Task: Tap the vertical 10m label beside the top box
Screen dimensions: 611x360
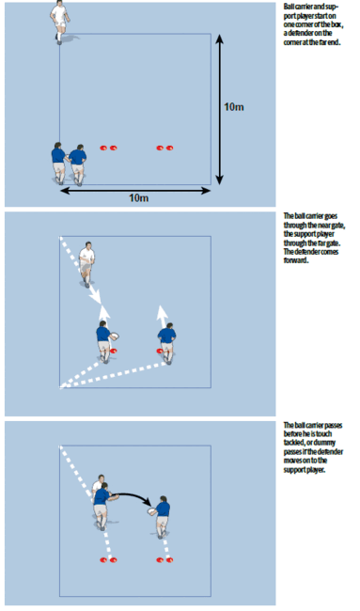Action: [x=235, y=109]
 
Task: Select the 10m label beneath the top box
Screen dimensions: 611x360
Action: [x=138, y=197]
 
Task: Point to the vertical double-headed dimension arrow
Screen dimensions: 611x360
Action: [x=220, y=109]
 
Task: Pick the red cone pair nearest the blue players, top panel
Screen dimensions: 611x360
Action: [x=109, y=148]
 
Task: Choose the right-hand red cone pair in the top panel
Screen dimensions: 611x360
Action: [x=165, y=148]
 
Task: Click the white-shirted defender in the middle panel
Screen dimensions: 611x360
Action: [x=88, y=260]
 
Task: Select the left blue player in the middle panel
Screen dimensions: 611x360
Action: [x=103, y=340]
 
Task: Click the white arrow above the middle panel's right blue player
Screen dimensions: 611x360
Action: [x=163, y=311]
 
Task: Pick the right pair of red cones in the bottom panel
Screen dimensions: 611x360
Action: [x=165, y=557]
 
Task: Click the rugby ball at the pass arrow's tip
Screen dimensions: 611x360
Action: [x=150, y=513]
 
